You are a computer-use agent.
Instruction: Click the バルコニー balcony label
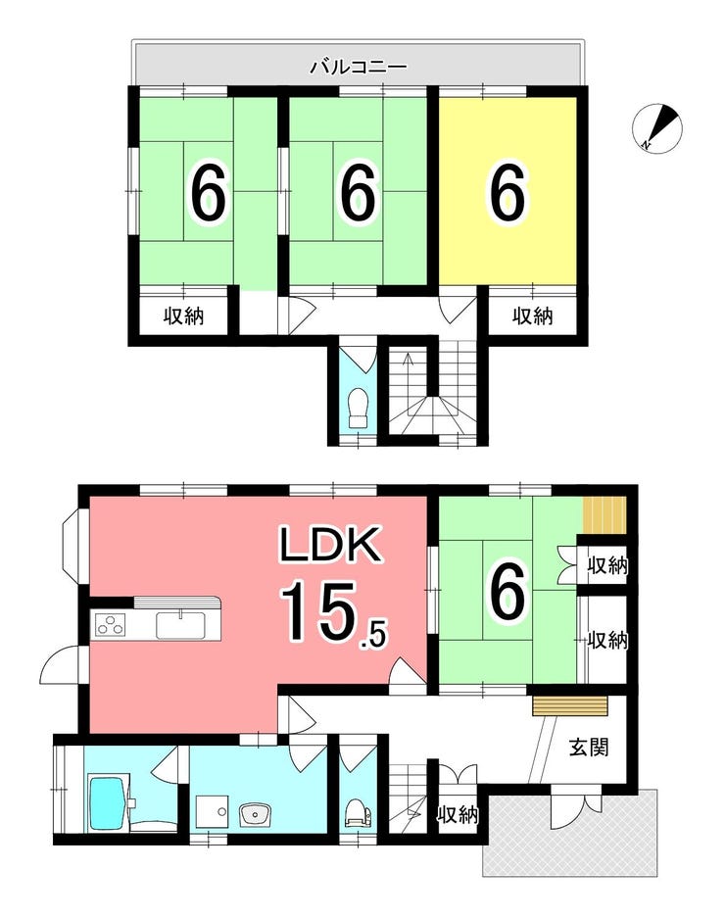[x=359, y=67]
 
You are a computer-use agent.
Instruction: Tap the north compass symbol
[x=657, y=128]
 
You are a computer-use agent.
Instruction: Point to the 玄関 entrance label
[x=589, y=748]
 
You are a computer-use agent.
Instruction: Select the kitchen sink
[x=180, y=625]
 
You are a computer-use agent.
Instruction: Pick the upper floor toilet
[x=357, y=409]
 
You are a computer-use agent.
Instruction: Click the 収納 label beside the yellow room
[x=533, y=316]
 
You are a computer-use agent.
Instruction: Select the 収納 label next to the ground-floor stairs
[x=459, y=814]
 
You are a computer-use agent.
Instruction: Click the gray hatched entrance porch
[x=568, y=832]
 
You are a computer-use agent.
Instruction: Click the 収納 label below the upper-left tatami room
[x=183, y=316]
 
